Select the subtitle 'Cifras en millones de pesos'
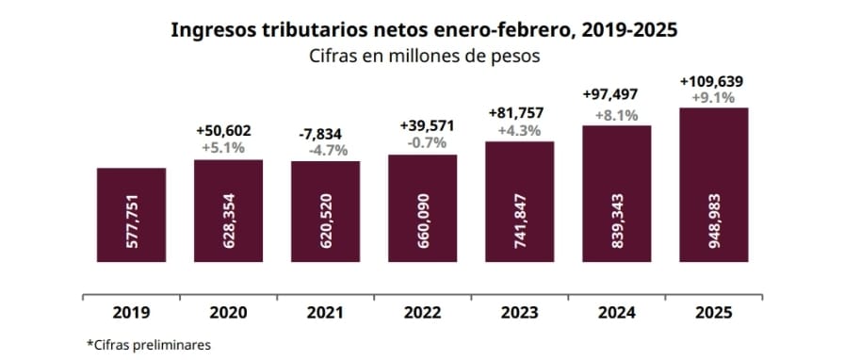pyautogui.click(x=424, y=56)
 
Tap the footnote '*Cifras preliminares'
pyautogui.click(x=148, y=344)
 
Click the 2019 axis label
pyautogui.click(x=132, y=312)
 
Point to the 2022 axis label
pyautogui.click(x=423, y=312)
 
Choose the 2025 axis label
pyautogui.click(x=713, y=312)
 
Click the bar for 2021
pyautogui.click(x=326, y=212)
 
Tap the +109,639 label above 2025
pyautogui.click(x=713, y=82)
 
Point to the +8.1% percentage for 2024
pyautogui.click(x=616, y=115)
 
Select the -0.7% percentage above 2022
pyautogui.click(x=423, y=142)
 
